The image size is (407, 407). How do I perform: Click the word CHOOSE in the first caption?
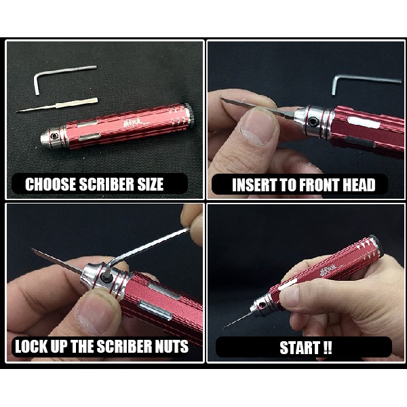pyautogui.click(x=51, y=185)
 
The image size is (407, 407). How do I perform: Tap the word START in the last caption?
pyautogui.click(x=300, y=348)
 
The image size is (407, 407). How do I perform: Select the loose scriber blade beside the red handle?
pyautogui.click(x=57, y=105)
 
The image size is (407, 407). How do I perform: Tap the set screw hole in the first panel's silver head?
pyautogui.click(x=54, y=136)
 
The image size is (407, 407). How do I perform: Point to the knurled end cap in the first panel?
pyautogui.click(x=190, y=115)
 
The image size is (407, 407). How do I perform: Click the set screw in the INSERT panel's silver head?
pyautogui.click(x=311, y=121)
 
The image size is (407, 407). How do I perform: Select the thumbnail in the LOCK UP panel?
pyautogui.click(x=96, y=311)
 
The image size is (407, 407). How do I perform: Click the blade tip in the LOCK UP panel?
pyautogui.click(x=32, y=249)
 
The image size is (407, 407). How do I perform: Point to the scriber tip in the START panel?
pyautogui.click(x=225, y=328)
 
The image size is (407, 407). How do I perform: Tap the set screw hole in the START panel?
pyautogui.click(x=262, y=305)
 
